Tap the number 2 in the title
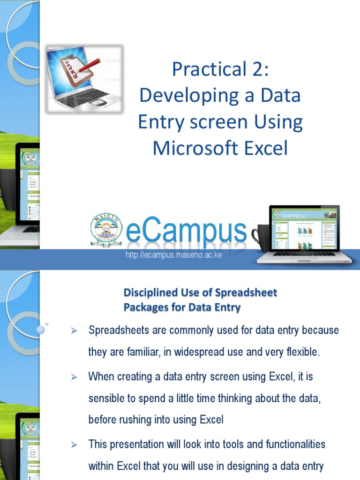tap(257, 69)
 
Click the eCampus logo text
tap(186, 231)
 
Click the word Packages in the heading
tap(146, 307)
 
